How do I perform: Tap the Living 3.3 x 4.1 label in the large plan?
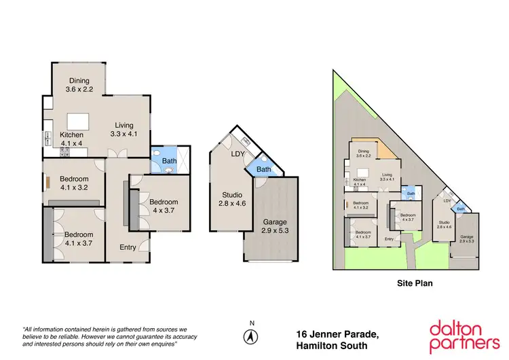click(x=124, y=129)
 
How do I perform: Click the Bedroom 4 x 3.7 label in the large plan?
click(x=164, y=206)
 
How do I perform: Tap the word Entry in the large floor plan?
click(x=128, y=247)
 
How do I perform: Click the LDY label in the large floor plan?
click(x=238, y=154)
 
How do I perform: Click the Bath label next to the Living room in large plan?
click(x=169, y=161)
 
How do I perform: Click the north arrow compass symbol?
click(x=252, y=336)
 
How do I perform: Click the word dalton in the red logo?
click(x=456, y=327)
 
